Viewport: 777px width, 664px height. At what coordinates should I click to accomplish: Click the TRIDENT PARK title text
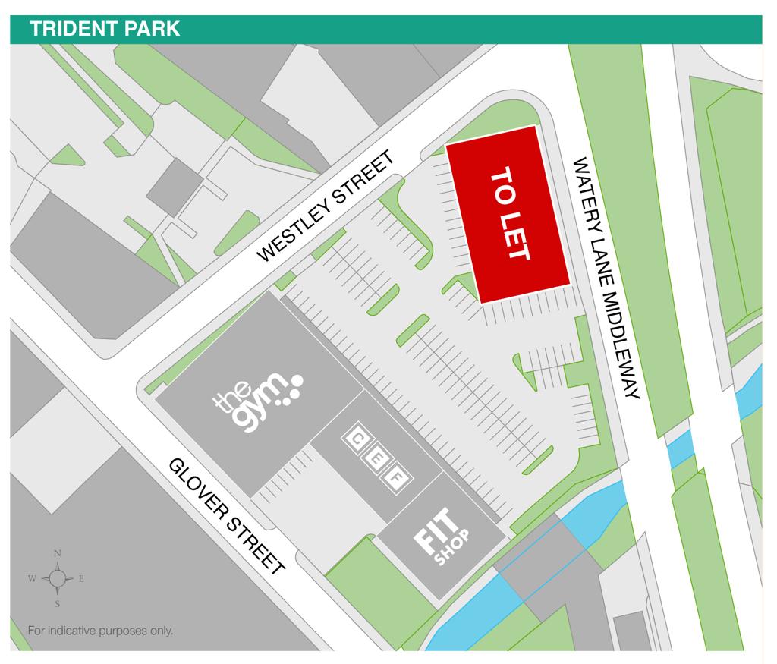coord(105,29)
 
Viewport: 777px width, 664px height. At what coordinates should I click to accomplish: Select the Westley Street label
coord(327,206)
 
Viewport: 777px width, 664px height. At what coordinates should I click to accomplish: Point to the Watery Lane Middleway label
coord(607,277)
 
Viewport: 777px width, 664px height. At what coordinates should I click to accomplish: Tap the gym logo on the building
coord(258,399)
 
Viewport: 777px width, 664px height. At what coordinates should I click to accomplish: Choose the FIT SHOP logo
coord(443,538)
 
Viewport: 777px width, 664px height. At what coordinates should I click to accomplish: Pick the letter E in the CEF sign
coord(376,458)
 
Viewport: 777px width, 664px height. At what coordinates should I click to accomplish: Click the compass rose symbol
coord(58,578)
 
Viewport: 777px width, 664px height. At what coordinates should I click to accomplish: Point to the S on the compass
coord(58,604)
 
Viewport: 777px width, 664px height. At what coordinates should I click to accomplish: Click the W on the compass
coord(32,579)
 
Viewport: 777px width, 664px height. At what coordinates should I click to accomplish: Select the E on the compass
coord(81,579)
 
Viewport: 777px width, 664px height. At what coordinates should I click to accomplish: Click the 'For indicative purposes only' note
coord(100,630)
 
